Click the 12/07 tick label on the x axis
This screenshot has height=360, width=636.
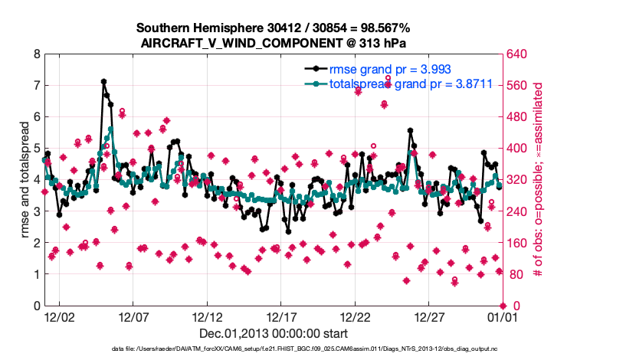133,316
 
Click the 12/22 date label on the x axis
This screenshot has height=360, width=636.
356,316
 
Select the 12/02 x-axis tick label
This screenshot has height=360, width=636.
58,316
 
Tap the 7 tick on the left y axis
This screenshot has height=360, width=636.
35,86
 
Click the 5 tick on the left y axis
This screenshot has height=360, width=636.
35,149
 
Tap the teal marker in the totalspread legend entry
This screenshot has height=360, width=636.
316,84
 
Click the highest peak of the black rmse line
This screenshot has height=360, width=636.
103,81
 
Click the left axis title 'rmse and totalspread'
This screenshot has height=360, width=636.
25,180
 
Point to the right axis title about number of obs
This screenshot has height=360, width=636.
538,180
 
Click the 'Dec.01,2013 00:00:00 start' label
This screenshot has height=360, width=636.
274,333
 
